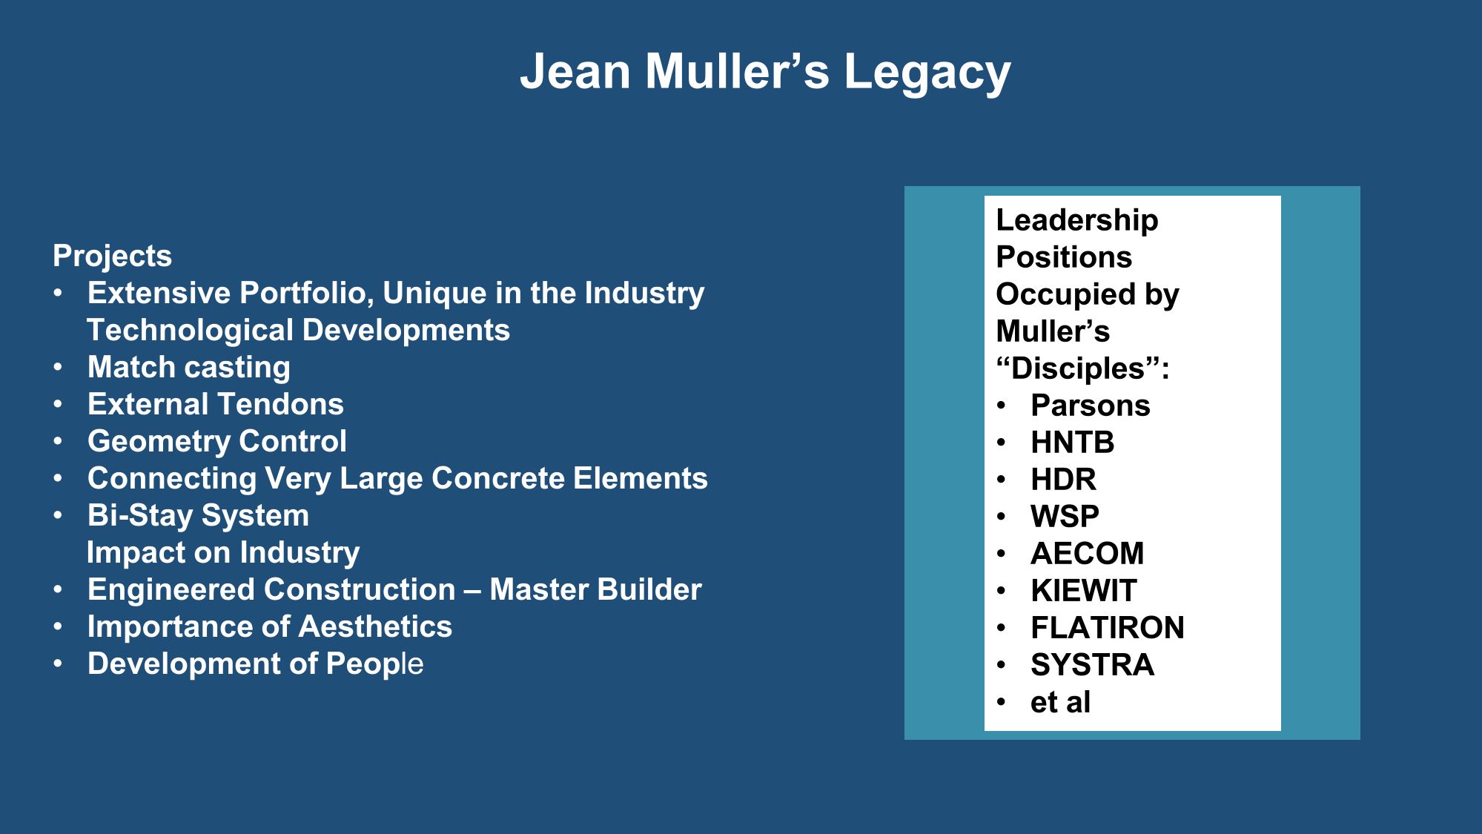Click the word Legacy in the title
[x=927, y=73]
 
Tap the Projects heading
[x=112, y=257]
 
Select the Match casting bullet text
[x=189, y=368]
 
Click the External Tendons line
[x=216, y=405]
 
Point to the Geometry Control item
[x=217, y=442]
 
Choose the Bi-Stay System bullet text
[x=198, y=516]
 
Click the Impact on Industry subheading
[x=223, y=553]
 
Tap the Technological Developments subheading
[x=298, y=331]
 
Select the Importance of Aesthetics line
[x=270, y=627]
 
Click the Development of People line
[x=256, y=664]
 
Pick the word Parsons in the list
[x=1090, y=406]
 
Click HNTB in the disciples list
[x=1072, y=443]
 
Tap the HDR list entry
[x=1063, y=480]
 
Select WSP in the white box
[x=1065, y=517]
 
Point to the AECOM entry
[x=1087, y=554]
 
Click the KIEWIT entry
[x=1083, y=591]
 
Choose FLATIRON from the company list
[x=1108, y=628]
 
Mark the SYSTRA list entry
[x=1092, y=665]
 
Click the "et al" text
[x=1060, y=702]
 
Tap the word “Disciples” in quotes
[x=1082, y=368]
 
